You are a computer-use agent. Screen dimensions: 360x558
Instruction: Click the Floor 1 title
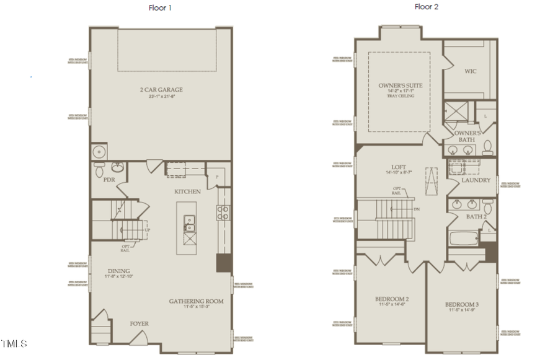point(161,8)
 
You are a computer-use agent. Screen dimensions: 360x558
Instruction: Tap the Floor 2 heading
point(427,7)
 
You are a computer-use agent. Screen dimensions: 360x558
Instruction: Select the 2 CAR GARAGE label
point(161,90)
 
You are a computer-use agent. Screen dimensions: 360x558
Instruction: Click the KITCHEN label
point(187,191)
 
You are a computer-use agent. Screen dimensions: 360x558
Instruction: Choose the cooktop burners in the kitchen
point(223,213)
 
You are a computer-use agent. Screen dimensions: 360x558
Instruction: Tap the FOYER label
point(139,323)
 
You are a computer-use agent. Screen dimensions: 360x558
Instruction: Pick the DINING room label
point(119,270)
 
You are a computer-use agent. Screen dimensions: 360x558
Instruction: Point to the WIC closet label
point(471,71)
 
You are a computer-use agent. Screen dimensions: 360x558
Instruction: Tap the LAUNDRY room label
point(476,180)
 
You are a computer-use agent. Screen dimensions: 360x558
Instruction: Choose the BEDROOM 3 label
point(462,305)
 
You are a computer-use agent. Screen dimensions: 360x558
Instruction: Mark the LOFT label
point(398,167)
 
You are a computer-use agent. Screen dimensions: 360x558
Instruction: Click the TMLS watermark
point(14,343)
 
